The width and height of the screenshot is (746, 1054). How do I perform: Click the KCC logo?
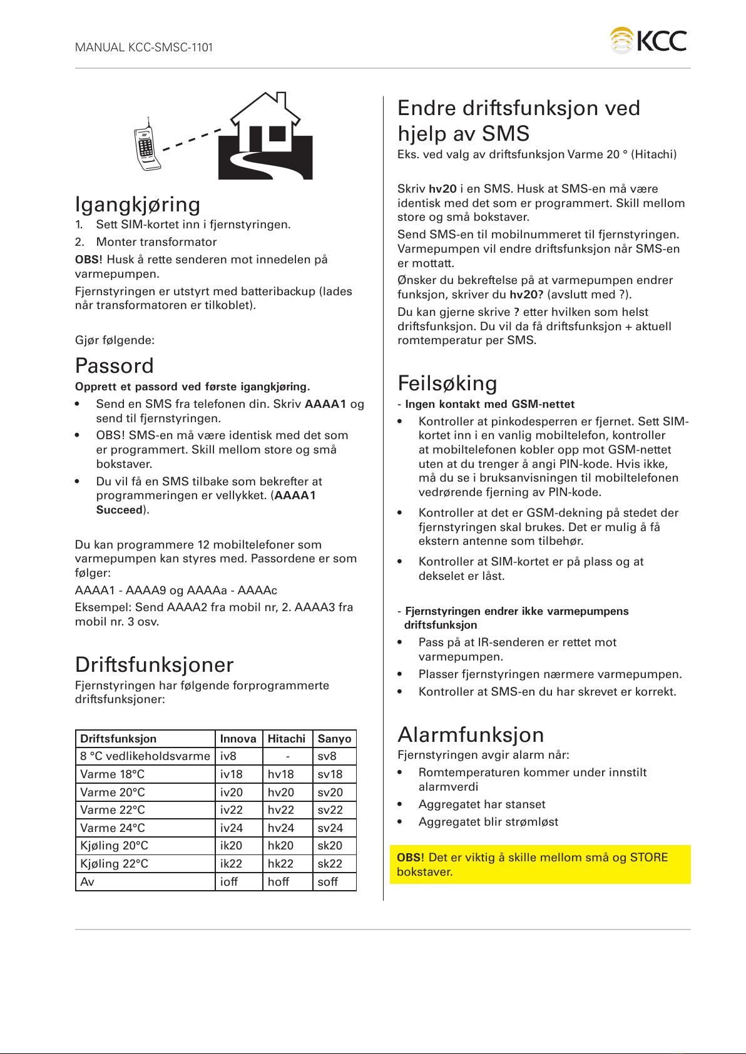pos(648,41)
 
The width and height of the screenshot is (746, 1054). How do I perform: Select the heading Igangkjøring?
pos(138,205)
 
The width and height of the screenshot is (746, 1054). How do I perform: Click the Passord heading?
pos(115,366)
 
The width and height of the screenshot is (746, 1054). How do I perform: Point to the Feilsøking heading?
pos(447,383)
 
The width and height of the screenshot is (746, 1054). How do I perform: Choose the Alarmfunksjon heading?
pos(471,735)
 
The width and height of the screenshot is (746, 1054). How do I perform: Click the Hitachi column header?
pos(287,739)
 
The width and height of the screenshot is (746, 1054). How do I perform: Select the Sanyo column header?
pos(334,739)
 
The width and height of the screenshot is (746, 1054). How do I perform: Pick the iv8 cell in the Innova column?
pos(228,756)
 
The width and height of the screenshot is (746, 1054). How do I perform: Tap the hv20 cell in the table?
pos(281,793)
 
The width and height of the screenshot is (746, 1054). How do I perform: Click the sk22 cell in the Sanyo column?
pos(330,864)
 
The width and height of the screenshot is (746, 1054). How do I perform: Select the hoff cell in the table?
pos(278,882)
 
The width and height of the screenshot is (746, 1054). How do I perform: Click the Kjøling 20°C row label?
pos(115,846)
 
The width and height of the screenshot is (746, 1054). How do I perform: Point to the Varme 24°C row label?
pos(113,828)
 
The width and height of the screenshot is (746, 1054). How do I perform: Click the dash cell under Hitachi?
pos(287,756)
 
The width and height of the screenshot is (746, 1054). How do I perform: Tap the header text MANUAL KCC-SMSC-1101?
pos(144,48)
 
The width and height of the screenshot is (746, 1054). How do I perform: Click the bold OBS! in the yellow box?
pos(411,858)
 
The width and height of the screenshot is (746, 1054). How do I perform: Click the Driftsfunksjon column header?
pos(118,739)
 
